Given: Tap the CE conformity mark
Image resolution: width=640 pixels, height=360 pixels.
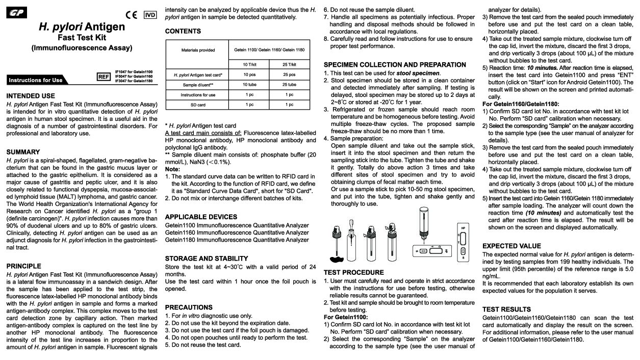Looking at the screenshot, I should point(132,15).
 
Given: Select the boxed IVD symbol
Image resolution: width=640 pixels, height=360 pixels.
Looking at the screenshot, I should point(150,15).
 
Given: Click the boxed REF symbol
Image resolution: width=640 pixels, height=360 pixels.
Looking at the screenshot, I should point(104,76).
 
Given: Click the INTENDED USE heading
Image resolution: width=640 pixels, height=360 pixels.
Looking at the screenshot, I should point(31,96).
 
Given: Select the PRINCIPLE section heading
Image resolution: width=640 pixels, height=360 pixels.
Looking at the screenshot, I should point(24,266).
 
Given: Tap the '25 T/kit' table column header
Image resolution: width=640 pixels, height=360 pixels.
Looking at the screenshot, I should point(290,65).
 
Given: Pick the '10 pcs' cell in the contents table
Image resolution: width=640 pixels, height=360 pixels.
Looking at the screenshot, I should point(249,75).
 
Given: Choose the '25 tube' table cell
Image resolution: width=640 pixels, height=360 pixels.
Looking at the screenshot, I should point(290,85).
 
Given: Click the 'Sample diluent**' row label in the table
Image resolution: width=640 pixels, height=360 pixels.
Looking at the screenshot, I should point(198,85).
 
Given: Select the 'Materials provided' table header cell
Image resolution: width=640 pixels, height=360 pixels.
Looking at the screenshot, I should point(198,50).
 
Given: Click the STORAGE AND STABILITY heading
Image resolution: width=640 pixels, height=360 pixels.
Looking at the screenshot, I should point(207,259).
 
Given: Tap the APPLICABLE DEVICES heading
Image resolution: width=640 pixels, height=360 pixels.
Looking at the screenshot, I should point(201,217).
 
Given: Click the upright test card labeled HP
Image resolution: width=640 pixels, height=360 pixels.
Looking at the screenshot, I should point(463,242).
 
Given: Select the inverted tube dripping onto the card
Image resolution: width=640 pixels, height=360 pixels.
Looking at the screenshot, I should point(423,222).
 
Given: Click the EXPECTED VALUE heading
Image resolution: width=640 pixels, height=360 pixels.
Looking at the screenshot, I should point(511,246).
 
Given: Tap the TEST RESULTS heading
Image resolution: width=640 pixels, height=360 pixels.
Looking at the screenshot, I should point(506,309).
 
